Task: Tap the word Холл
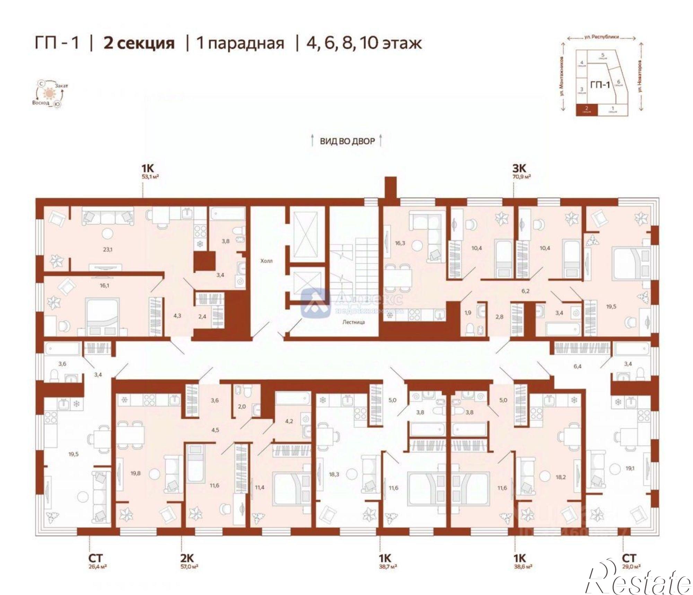click(x=266, y=261)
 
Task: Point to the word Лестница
click(x=353, y=322)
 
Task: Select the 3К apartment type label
click(x=519, y=168)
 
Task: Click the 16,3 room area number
click(x=400, y=243)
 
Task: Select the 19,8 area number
click(x=135, y=473)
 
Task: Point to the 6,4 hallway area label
click(x=577, y=366)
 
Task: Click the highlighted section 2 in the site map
click(x=587, y=110)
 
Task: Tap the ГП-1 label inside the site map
click(x=600, y=85)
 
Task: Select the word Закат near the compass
click(x=61, y=86)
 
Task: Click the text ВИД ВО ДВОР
click(x=347, y=141)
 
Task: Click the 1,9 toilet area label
click(x=468, y=312)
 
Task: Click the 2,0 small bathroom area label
click(x=242, y=407)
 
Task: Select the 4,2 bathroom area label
click(x=289, y=421)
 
